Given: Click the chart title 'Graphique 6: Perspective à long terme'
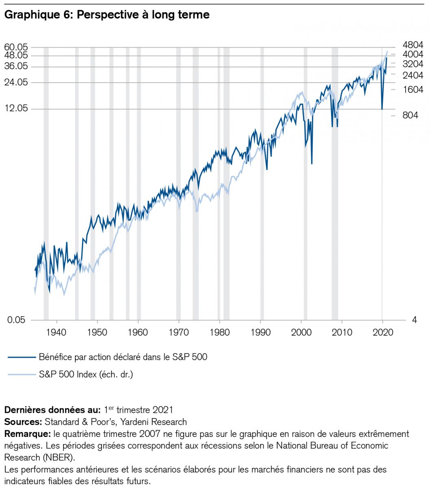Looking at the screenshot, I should pyautogui.click(x=107, y=15).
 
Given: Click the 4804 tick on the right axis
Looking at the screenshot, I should pyautogui.click(x=413, y=45).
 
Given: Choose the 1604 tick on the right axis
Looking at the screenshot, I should pyautogui.click(x=413, y=90).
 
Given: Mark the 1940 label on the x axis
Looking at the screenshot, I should pyautogui.click(x=56, y=332).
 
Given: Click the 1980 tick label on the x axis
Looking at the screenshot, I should pyautogui.click(x=219, y=332).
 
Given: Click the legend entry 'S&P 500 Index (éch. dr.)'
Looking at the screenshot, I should pyautogui.click(x=86, y=374).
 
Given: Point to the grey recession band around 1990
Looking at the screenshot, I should pyautogui.click(x=262, y=183).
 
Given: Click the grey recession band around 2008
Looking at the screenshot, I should pyautogui.click(x=335, y=183).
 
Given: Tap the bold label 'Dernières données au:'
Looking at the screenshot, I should pyautogui.click(x=52, y=410).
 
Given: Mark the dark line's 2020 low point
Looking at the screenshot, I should pyautogui.click(x=382, y=109).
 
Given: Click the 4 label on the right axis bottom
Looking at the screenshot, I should pyautogui.click(x=415, y=320).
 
